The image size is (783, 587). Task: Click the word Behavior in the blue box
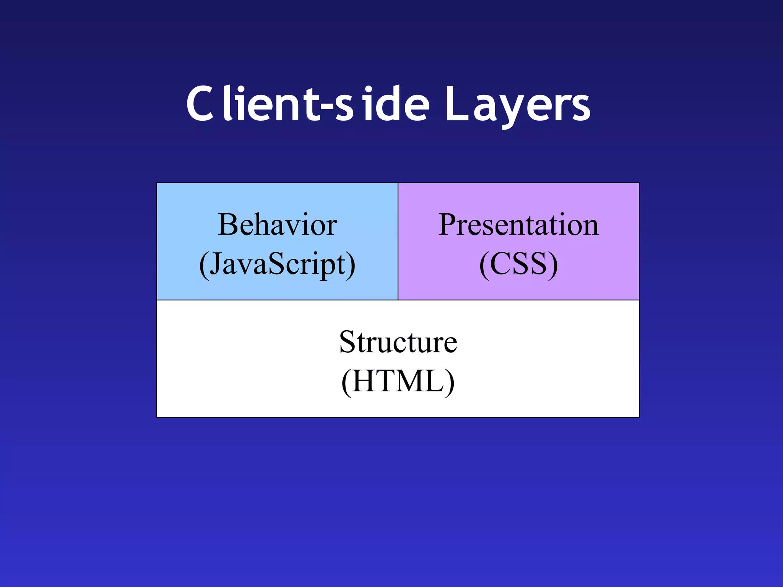pyautogui.click(x=277, y=225)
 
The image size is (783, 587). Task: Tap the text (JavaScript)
pyautogui.click(x=277, y=264)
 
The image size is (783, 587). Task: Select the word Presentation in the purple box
pyautogui.click(x=518, y=225)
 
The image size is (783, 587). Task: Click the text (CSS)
pyautogui.click(x=518, y=264)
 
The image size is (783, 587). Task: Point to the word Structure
pyautogui.click(x=398, y=342)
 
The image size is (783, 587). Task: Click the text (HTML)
pyautogui.click(x=398, y=382)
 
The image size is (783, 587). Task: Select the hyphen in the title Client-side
pyautogui.click(x=327, y=109)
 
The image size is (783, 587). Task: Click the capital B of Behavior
pyautogui.click(x=228, y=225)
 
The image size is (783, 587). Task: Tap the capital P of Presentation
pyautogui.click(x=448, y=225)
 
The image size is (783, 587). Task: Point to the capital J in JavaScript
pyautogui.click(x=216, y=264)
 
